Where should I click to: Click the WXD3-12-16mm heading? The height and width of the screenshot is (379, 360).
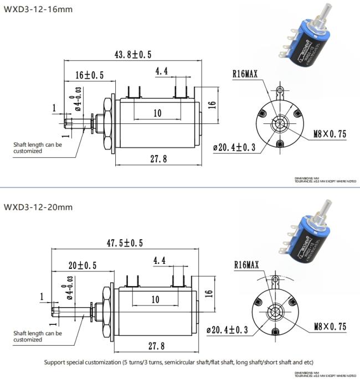[38, 9]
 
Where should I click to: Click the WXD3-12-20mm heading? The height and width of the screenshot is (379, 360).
[38, 207]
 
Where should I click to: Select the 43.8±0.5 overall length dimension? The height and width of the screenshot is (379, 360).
[133, 54]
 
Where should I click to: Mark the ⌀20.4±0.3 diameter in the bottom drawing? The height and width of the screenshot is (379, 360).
[226, 330]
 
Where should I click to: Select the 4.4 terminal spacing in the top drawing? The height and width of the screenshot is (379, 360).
[161, 71]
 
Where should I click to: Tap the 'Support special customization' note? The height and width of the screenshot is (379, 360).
[178, 362]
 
